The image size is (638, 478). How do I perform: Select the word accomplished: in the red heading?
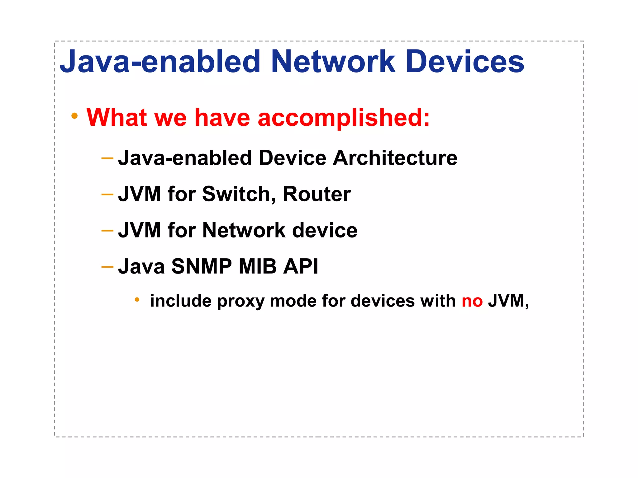[x=344, y=118]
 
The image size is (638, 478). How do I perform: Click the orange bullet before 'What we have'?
[x=74, y=116]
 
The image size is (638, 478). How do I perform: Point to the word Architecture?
[x=395, y=158]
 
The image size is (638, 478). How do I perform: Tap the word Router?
[x=317, y=194]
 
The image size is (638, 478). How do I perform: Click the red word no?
[x=472, y=301]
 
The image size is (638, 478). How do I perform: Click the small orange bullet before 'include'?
[x=137, y=300]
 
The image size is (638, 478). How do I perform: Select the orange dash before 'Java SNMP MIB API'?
[x=107, y=267]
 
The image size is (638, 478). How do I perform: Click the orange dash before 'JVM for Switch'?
[x=107, y=194]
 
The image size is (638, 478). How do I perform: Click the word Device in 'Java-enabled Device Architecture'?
[x=292, y=158]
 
